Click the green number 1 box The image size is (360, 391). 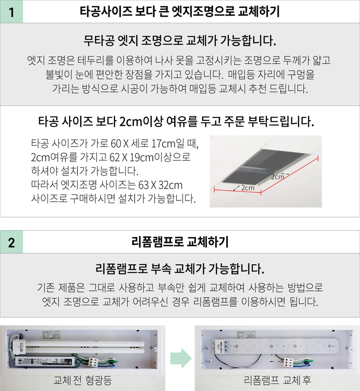point(12,12)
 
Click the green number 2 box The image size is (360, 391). point(12,242)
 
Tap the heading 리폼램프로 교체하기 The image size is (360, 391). point(180,242)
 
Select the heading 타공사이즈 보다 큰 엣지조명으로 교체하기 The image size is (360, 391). point(180,12)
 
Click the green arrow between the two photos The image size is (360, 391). point(181,358)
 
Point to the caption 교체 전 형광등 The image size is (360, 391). point(83,380)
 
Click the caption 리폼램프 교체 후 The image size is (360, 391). point(277,380)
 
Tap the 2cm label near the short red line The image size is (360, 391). point(248,188)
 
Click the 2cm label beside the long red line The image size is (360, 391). point(278,177)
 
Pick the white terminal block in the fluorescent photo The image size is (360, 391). point(93,361)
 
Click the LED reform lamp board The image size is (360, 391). point(275,346)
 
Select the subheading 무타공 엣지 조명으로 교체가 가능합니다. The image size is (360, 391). point(180,40)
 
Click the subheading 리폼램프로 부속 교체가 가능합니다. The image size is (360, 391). point(180,269)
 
